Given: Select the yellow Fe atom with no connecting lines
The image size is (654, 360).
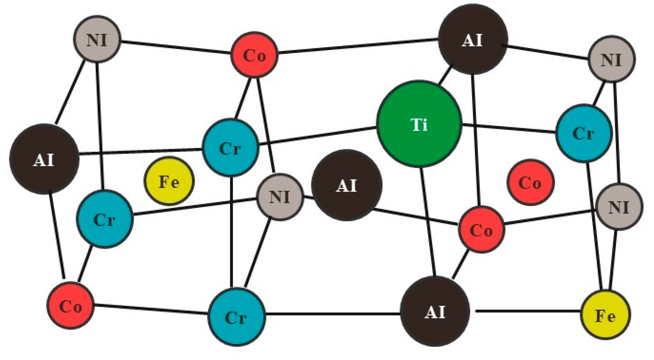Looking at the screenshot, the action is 169,181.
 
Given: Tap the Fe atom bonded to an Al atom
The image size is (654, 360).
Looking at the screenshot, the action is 605,315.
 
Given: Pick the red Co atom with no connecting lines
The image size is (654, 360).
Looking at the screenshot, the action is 530,182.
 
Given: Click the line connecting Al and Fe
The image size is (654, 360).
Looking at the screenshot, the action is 528,311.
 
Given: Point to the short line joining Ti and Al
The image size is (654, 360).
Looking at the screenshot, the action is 445,76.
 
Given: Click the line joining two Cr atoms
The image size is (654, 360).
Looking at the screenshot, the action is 231,232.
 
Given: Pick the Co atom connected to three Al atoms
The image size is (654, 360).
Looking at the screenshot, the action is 481,229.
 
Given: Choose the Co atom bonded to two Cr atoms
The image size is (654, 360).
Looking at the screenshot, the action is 71,305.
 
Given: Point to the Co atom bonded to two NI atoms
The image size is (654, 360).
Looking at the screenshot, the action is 254,54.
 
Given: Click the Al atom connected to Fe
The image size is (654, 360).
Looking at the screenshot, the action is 435,311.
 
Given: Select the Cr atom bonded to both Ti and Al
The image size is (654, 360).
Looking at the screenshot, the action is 230,147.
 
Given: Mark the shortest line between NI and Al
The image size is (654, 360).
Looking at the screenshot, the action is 308,197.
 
